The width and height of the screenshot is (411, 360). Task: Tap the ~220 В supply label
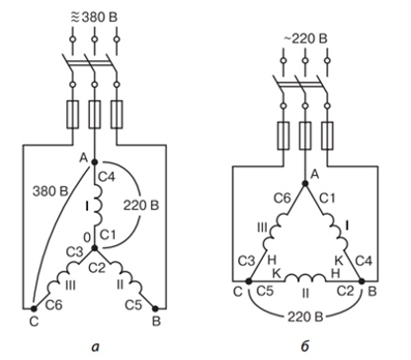[x=305, y=39]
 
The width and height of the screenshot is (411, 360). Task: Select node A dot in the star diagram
[x=95, y=162]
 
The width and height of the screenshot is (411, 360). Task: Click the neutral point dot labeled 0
[x=95, y=248]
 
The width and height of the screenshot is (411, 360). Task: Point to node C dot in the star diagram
[x=34, y=309]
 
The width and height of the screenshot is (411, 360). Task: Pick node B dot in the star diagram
[x=155, y=309]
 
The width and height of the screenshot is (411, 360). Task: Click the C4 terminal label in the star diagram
[x=107, y=177]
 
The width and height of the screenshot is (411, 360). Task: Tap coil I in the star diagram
[x=99, y=205]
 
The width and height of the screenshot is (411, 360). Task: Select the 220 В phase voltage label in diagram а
[x=141, y=206]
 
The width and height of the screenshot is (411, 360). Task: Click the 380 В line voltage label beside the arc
[x=50, y=191]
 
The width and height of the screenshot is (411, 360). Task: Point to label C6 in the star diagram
[x=53, y=305]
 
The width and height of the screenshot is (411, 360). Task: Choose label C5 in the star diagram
[x=133, y=305]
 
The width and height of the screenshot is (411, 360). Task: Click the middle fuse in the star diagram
[x=95, y=115]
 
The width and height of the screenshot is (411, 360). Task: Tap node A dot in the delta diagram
[x=305, y=183]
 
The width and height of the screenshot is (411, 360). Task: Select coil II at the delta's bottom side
[x=305, y=279]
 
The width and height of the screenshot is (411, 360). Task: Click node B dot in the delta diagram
[x=362, y=281]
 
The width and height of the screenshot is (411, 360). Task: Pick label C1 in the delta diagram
[x=327, y=198]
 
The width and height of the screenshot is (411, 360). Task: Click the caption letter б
[x=305, y=346]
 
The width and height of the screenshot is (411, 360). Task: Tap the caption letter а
[x=96, y=347]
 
